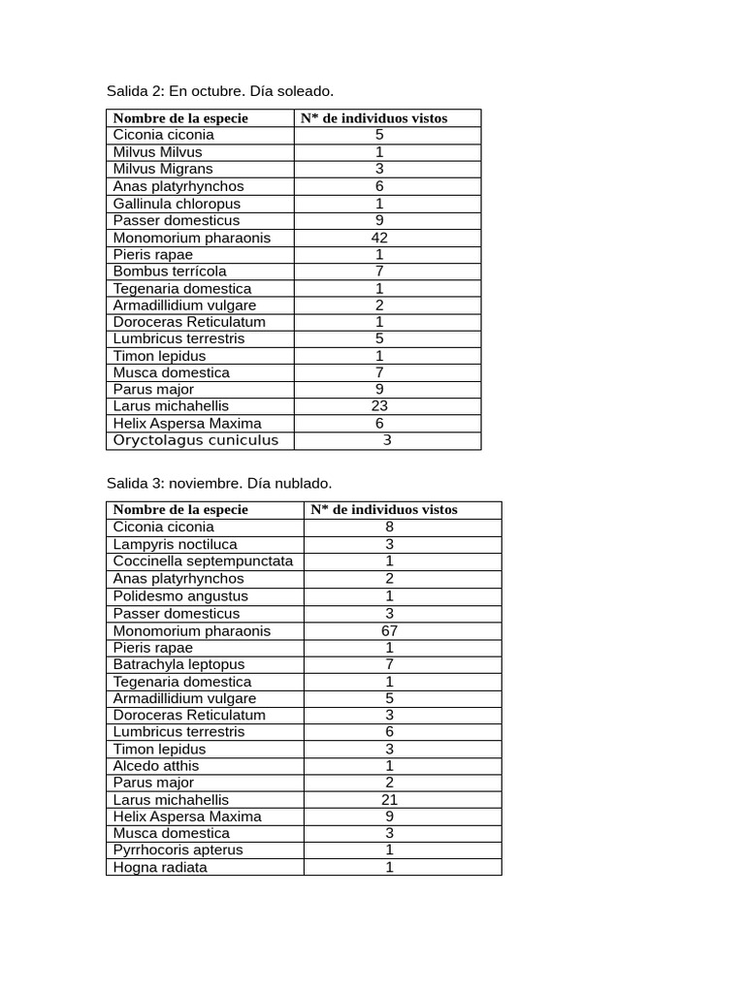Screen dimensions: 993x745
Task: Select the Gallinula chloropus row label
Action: [x=177, y=204]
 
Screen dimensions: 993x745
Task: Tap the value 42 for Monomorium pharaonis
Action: [x=379, y=238]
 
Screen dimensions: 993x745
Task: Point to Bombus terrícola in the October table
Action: [x=170, y=272]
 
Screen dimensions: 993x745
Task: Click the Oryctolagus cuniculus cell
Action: [x=196, y=440]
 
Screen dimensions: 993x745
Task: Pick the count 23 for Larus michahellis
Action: [x=379, y=406]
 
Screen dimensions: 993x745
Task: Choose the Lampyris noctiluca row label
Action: [x=175, y=545]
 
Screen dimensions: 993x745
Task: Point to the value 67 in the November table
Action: [x=389, y=630]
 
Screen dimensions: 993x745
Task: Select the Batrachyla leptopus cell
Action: [x=178, y=664]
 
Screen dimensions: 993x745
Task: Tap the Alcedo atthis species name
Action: [x=156, y=766]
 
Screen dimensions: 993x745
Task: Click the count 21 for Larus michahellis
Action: [x=389, y=800]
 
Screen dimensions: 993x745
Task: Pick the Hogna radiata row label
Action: [x=160, y=868]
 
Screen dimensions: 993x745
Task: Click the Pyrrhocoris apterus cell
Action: [x=178, y=850]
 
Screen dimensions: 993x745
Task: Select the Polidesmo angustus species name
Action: [x=180, y=596]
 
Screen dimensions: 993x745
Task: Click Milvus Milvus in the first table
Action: [x=158, y=152]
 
